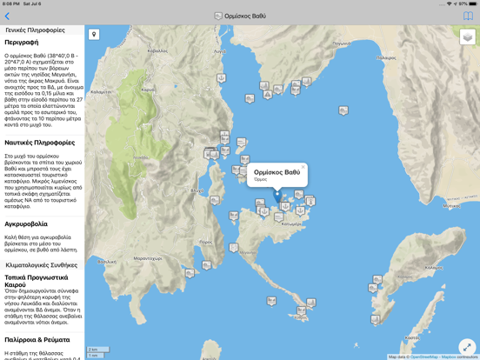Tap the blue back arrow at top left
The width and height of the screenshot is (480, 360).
7,16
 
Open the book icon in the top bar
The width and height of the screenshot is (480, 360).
468,16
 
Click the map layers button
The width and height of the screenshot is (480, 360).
468,37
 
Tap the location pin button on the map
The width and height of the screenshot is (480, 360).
94,35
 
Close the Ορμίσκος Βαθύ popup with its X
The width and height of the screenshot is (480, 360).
303,167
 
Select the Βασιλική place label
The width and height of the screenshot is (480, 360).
107,262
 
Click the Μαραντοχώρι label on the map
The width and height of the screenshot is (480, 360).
150,258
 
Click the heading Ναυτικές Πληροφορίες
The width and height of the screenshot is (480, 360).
39,143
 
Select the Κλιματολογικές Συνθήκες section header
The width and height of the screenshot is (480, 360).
42,265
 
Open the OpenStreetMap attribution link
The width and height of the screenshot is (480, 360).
425,357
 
